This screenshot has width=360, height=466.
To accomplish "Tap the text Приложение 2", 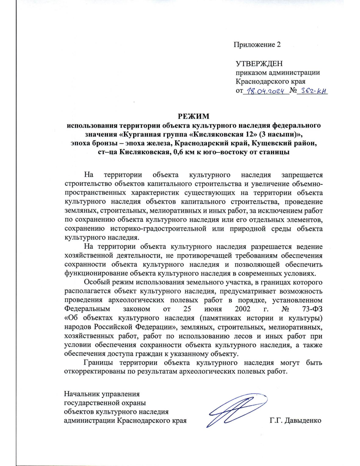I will click(257, 45).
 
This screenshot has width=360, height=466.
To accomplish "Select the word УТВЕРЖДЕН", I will click(259, 64).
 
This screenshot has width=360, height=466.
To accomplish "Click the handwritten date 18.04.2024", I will click(265, 90).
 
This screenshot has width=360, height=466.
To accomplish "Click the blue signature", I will click(237, 409).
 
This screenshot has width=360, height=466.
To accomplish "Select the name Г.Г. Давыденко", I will click(295, 420).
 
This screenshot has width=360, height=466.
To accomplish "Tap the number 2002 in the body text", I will click(242, 309).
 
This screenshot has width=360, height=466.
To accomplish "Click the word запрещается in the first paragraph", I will click(302, 175).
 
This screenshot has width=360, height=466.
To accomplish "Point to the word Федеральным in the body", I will click(87, 309).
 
